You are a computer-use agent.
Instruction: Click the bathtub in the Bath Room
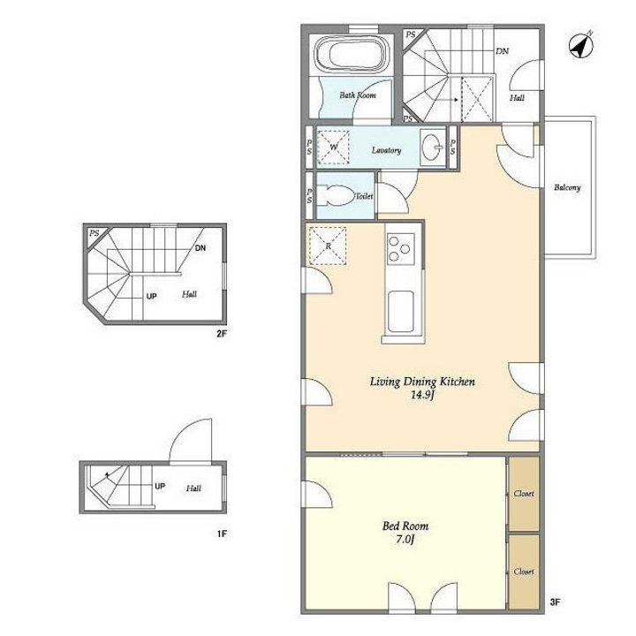[352, 55]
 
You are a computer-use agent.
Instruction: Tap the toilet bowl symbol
[335, 196]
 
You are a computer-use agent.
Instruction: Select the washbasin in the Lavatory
[432, 147]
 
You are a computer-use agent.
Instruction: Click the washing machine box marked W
[333, 147]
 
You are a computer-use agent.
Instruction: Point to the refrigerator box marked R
[328, 246]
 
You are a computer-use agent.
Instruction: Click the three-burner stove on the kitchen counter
[400, 249]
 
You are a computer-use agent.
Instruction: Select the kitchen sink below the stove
[401, 311]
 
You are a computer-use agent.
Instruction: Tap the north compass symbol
[581, 45]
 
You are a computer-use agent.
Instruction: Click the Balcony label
[567, 187]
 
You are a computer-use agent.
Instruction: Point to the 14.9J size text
[422, 395]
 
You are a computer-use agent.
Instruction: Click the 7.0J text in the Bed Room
[405, 540]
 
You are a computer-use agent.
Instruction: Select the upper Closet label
[524, 494]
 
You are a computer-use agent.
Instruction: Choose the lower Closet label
[524, 572]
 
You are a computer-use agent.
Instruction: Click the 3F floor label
[555, 602]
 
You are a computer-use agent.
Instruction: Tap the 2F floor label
[221, 334]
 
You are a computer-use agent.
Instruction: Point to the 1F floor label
[222, 534]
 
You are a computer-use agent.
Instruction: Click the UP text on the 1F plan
[160, 486]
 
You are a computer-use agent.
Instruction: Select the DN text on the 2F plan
[201, 248]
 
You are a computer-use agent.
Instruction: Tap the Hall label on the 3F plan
[517, 98]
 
